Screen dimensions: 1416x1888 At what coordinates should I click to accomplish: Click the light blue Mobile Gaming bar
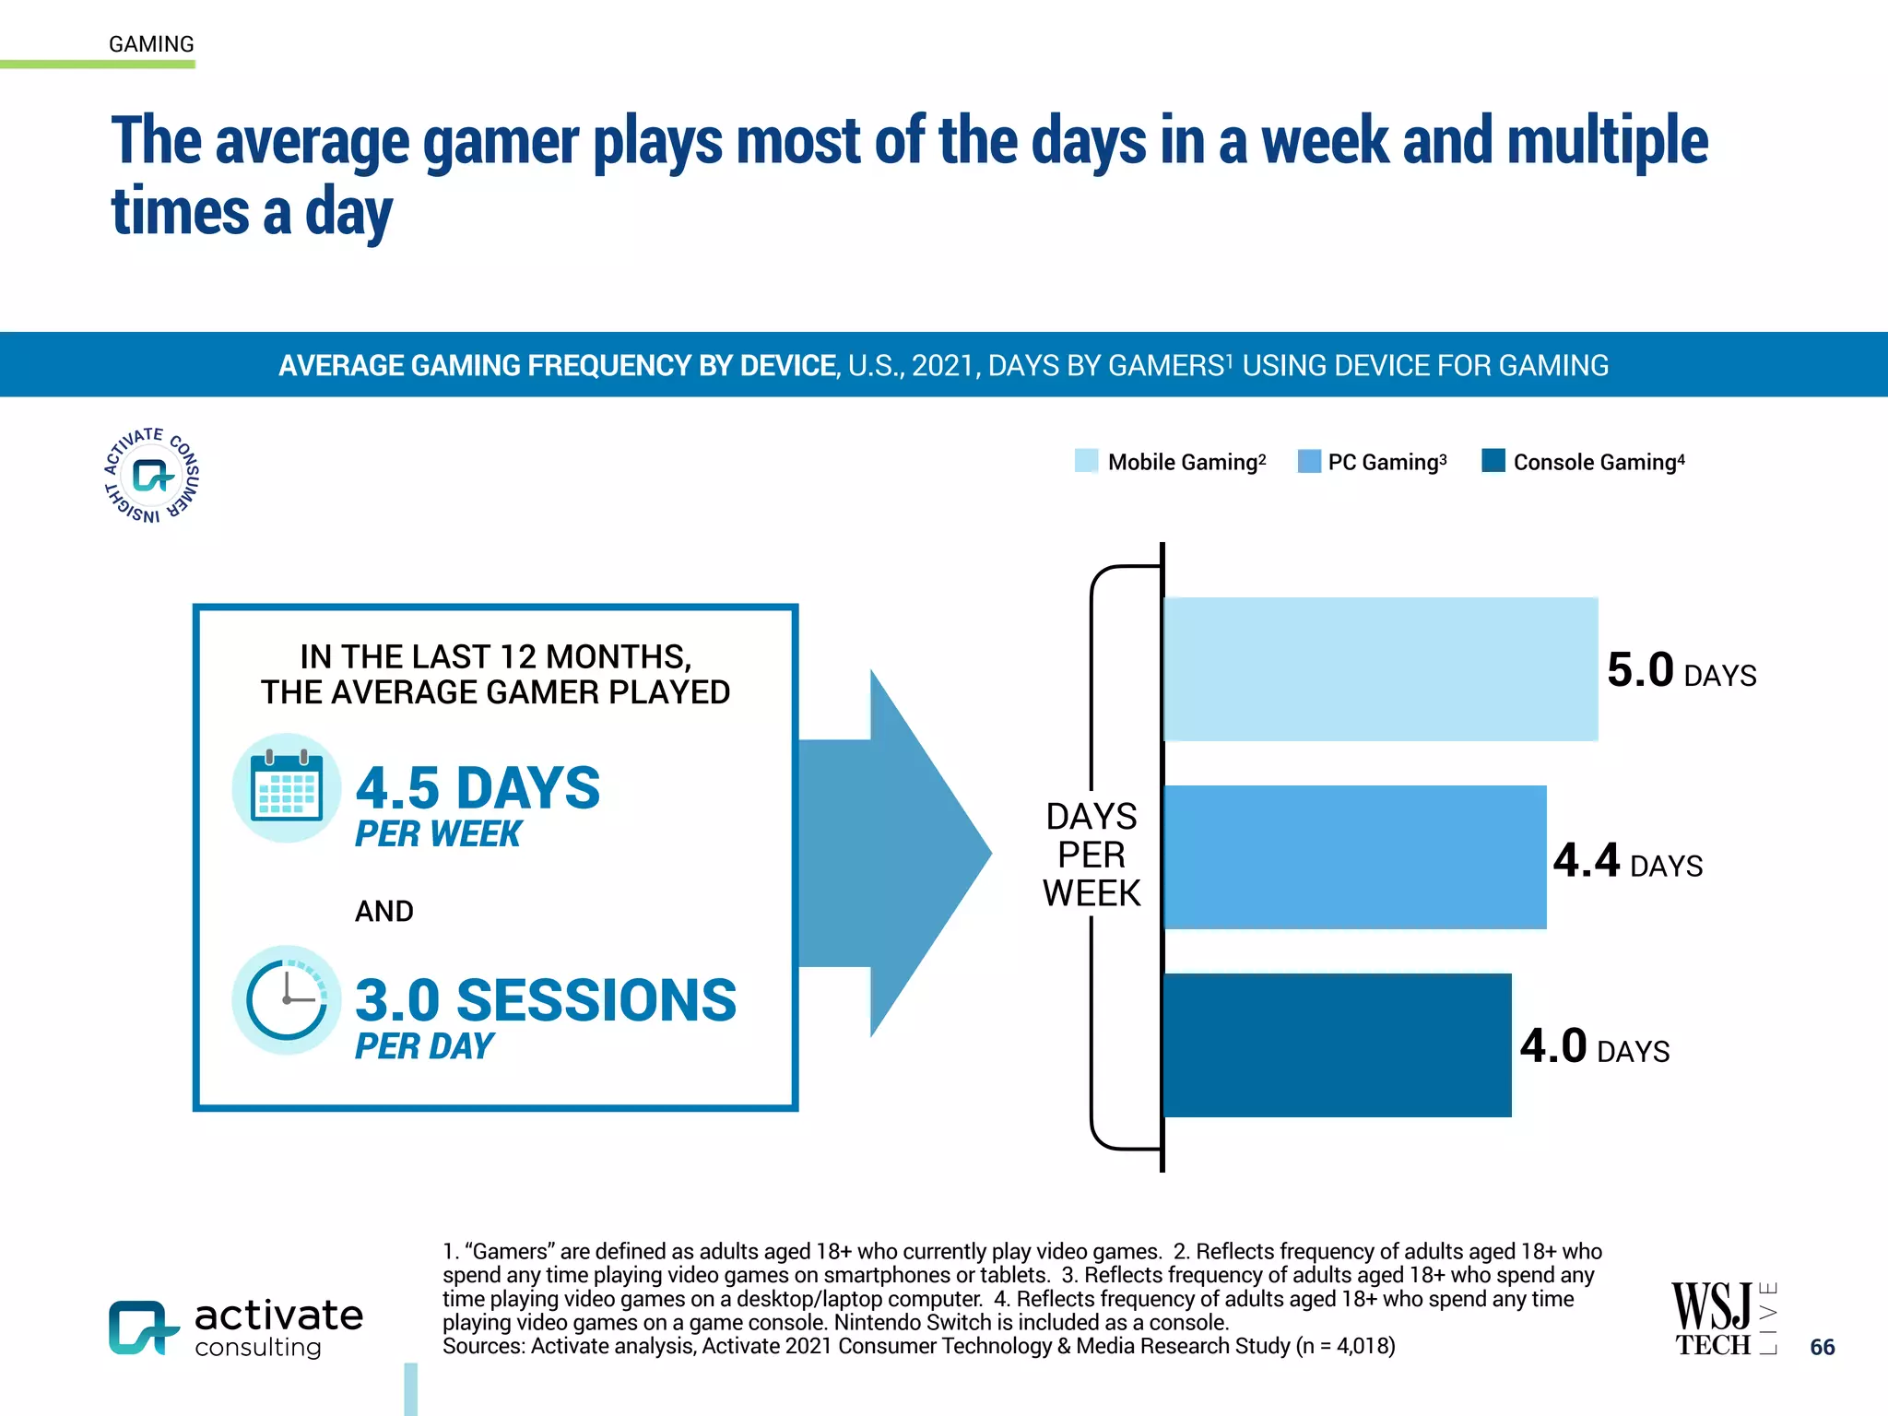(x=1380, y=668)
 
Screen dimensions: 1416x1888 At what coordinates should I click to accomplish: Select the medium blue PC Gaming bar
(x=1354, y=856)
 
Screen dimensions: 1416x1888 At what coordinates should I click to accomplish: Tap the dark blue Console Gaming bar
(x=1337, y=1044)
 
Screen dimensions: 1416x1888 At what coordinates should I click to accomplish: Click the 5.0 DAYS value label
(x=1681, y=671)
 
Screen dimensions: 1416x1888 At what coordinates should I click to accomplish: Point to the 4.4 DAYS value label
(x=1627, y=861)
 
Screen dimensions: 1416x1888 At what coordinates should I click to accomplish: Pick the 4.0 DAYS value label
(x=1594, y=1047)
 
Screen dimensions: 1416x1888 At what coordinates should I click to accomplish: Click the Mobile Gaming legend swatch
(x=1086, y=461)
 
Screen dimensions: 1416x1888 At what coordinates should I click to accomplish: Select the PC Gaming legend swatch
(x=1308, y=461)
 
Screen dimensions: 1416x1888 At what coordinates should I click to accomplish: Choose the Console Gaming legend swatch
(x=1493, y=460)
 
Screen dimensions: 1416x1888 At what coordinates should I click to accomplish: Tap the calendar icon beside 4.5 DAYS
(x=287, y=788)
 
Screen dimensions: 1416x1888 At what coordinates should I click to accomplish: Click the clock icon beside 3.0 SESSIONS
(x=287, y=1000)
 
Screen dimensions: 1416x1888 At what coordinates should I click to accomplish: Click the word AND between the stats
(x=383, y=911)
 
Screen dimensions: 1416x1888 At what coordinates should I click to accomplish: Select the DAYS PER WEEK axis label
(x=1091, y=855)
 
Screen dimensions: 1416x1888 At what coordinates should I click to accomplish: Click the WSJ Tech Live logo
(x=1723, y=1319)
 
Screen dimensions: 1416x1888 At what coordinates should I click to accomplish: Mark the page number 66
(x=1822, y=1347)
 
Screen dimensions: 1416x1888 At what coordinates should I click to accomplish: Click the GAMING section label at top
(x=151, y=44)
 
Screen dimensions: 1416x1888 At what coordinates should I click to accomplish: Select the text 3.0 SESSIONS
(x=545, y=1000)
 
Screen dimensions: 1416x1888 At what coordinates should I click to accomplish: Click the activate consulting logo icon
(x=143, y=1327)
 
